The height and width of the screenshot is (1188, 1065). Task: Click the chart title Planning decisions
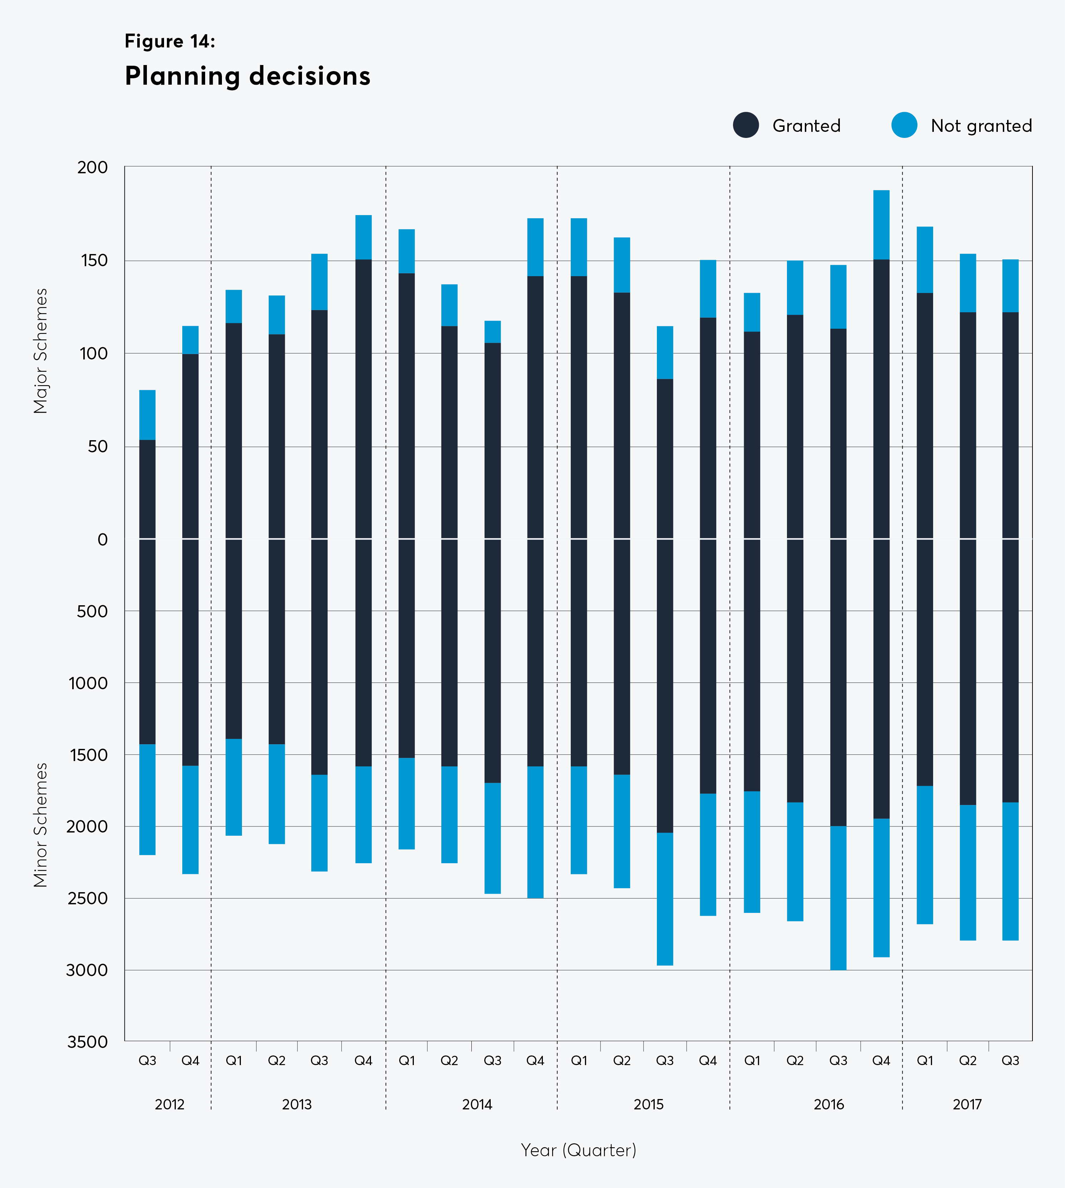click(x=248, y=76)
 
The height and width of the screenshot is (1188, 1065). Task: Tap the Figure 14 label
click(x=170, y=41)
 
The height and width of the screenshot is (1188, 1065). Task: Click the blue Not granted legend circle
click(x=904, y=125)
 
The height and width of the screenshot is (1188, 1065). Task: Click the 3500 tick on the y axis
click(x=88, y=1042)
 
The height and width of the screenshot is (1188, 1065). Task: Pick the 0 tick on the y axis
click(x=103, y=539)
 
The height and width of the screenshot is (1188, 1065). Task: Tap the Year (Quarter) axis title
click(x=578, y=1150)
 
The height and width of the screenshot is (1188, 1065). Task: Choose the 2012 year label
click(x=170, y=1104)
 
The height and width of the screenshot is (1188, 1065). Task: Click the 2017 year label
click(x=967, y=1104)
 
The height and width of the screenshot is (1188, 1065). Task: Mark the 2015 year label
click(x=648, y=1104)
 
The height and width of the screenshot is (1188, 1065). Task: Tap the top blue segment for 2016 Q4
click(x=881, y=225)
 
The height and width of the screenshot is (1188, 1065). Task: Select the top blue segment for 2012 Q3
click(x=148, y=415)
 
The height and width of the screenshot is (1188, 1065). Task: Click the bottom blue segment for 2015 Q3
click(x=665, y=899)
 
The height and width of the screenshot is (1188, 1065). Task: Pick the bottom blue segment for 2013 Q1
click(x=233, y=787)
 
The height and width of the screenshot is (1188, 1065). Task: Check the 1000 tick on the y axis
click(x=88, y=683)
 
